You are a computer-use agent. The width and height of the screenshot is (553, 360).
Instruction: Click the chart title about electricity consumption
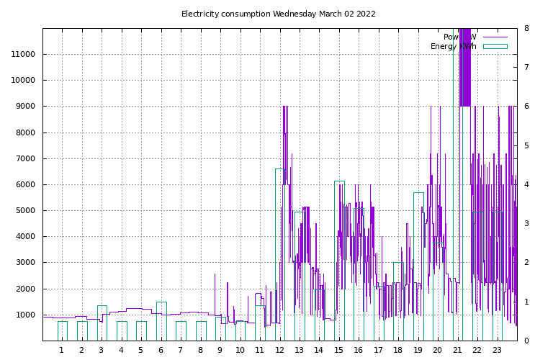(278, 14)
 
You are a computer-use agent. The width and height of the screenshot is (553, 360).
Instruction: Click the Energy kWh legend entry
(454, 46)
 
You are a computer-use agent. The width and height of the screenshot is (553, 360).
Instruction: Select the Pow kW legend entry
(460, 37)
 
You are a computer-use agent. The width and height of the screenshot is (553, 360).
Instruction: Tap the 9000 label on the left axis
(27, 107)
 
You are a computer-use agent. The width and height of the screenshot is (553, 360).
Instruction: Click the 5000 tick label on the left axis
(27, 211)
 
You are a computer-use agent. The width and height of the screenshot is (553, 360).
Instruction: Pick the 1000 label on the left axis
(27, 315)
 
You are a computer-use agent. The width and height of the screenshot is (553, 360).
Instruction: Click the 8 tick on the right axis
(527, 29)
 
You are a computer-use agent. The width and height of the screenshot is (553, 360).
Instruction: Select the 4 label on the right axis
(527, 185)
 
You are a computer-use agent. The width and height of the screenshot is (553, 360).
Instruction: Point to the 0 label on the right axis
(527, 341)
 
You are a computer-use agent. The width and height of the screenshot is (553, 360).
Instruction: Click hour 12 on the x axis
(279, 351)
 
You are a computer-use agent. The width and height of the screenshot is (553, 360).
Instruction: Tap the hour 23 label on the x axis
(497, 351)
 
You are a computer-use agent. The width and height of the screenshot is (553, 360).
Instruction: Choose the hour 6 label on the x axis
(161, 351)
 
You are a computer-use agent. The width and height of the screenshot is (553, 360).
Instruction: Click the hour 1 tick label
(62, 351)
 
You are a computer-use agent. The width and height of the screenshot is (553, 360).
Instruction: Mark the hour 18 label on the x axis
(398, 351)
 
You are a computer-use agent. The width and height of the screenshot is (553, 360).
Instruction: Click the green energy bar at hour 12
(279, 252)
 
